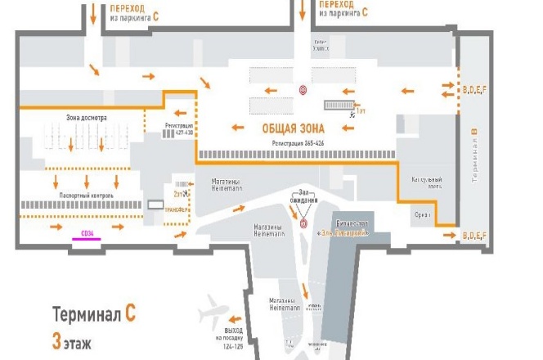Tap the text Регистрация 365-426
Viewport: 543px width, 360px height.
299,142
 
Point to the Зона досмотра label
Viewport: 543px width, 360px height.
86,118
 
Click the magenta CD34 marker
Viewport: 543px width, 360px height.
85,234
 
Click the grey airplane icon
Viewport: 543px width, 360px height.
215,314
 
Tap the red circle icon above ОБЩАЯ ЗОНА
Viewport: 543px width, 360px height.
303,90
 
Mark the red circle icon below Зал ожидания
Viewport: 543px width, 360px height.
303,222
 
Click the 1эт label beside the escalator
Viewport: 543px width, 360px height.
360,110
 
